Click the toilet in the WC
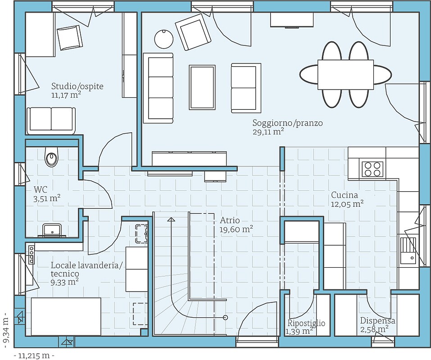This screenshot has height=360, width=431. pos(51,157)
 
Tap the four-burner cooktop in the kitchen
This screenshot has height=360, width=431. pos(372,169)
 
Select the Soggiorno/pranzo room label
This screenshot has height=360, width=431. pos(287,123)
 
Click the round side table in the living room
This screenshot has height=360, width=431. pos(164,39)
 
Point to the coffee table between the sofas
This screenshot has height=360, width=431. pos(202,87)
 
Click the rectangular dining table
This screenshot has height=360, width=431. pos(345,74)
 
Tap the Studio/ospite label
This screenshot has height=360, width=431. pos(77,86)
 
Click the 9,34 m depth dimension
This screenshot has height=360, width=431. pos(6,327)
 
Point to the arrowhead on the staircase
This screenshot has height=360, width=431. pos(171,219)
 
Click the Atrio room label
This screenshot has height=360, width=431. pos(230,220)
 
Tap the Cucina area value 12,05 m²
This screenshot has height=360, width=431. pos(347,204)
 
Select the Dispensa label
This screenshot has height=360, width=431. pos(378,320)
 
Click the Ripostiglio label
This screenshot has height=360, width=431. pos(306,323)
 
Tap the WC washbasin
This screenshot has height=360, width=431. pos(52,230)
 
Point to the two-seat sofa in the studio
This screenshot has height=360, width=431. pos(51,121)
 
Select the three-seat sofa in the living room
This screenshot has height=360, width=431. pos(159,88)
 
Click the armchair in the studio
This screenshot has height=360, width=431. pos(69,38)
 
